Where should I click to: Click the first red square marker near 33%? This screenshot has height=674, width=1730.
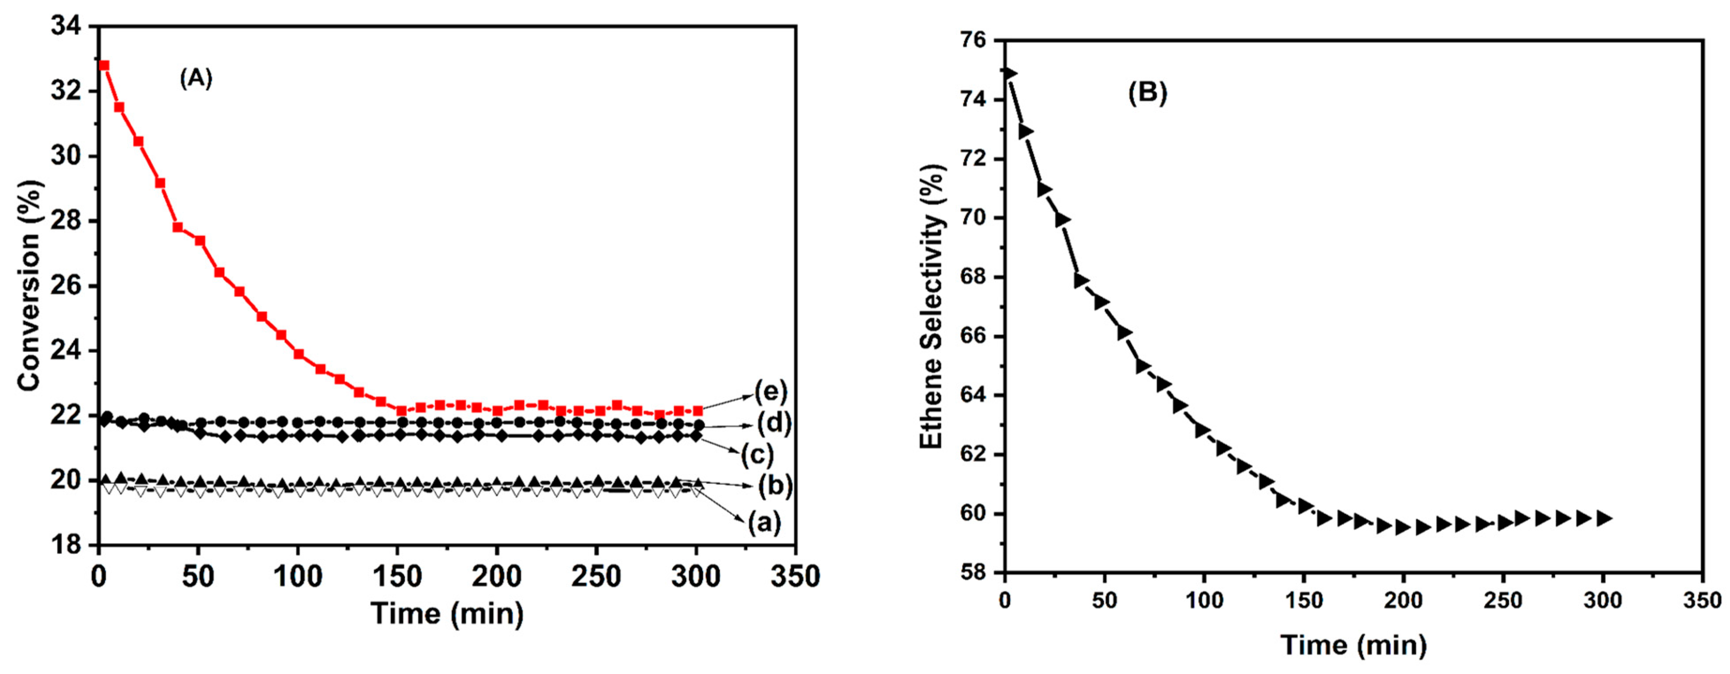[x=104, y=65]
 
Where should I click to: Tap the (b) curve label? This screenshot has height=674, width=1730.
[x=775, y=485]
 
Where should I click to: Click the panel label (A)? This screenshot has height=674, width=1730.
[x=196, y=79]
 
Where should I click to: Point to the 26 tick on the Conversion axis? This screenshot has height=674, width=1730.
[x=65, y=286]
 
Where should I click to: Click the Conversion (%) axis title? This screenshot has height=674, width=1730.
[x=30, y=286]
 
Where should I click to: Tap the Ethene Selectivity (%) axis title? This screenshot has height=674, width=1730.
[x=932, y=306]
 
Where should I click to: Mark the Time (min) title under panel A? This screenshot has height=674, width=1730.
[x=447, y=613]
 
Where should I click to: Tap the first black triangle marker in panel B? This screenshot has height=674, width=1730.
[x=1010, y=72]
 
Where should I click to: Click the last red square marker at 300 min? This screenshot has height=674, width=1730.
[x=697, y=410]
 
